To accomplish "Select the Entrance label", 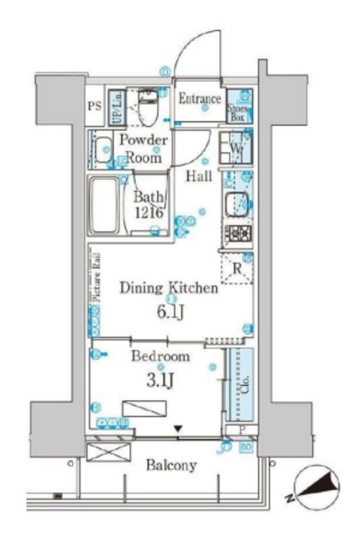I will (200, 99).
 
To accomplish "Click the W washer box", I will (235, 151).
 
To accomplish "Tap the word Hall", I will (199, 175).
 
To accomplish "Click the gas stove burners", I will (236, 232).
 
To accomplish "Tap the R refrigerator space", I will (237, 269).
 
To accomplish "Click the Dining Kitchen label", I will (169, 288).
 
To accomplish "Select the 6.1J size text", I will (170, 310).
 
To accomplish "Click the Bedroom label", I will (160, 356).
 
